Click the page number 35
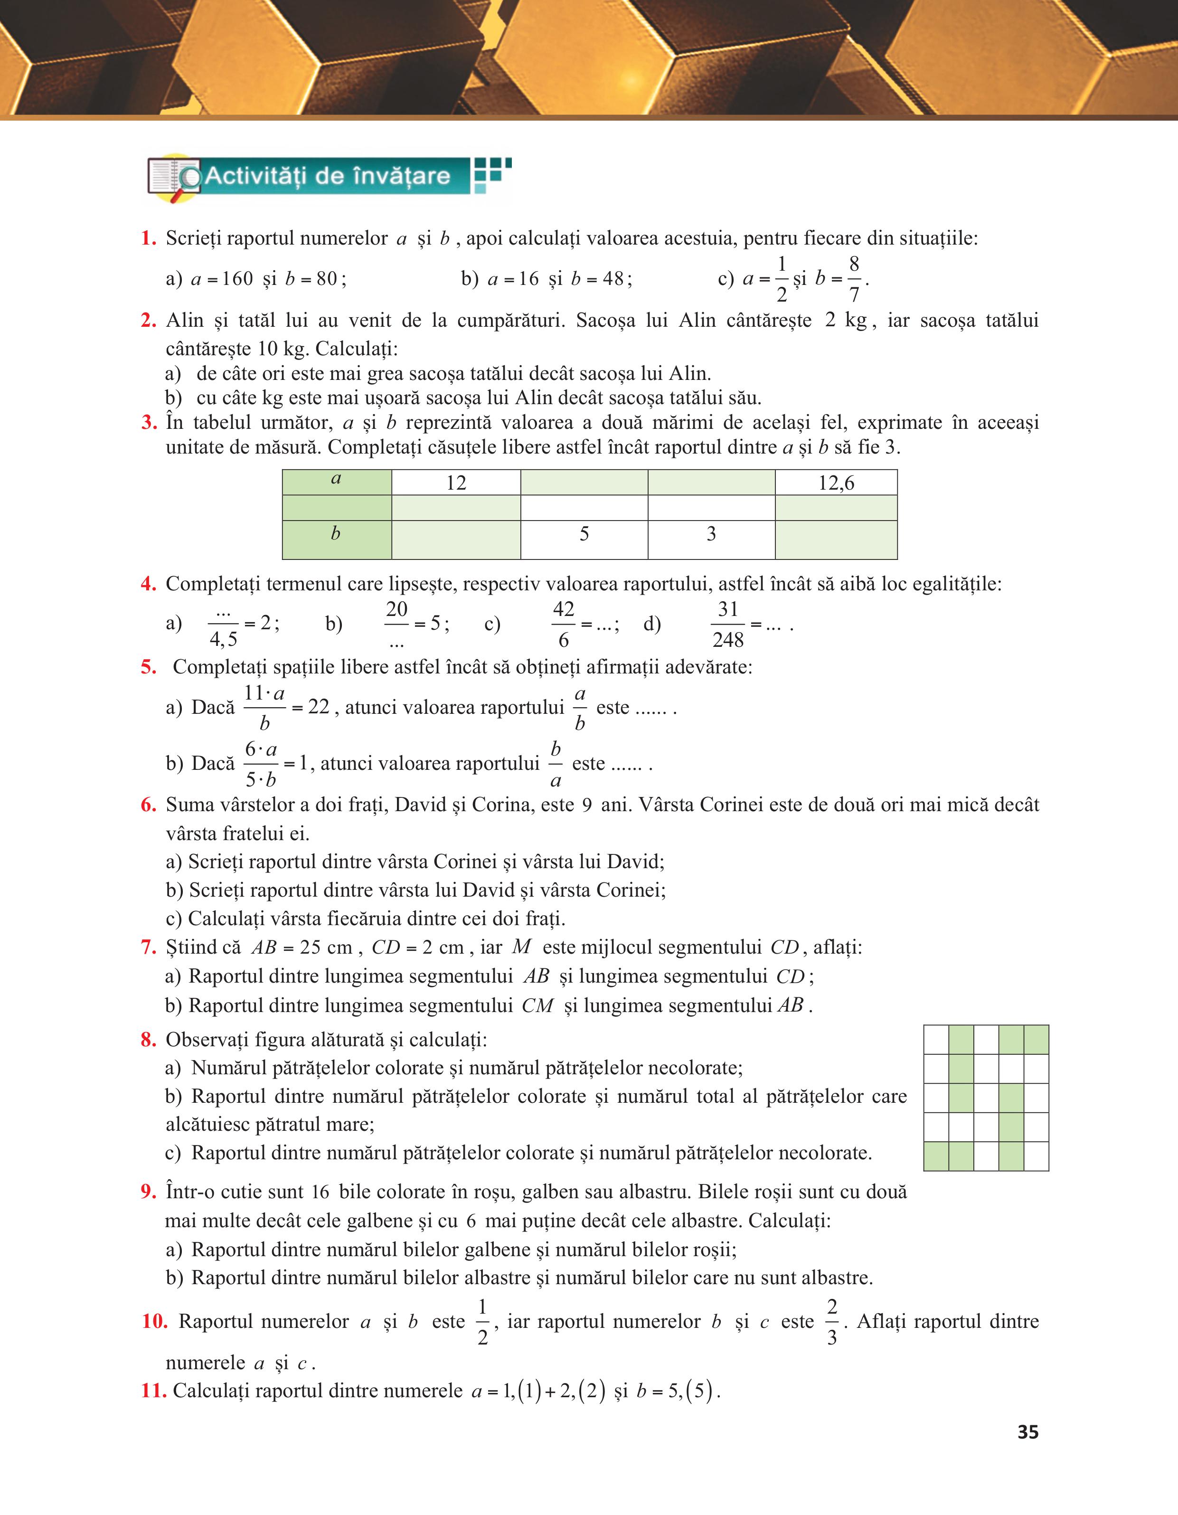1027,1432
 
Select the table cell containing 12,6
836,483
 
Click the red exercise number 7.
148,947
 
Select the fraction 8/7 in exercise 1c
854,279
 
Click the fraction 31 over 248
727,625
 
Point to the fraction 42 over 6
563,625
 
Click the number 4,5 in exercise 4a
223,639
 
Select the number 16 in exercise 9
320,1193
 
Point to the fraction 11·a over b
264,708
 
